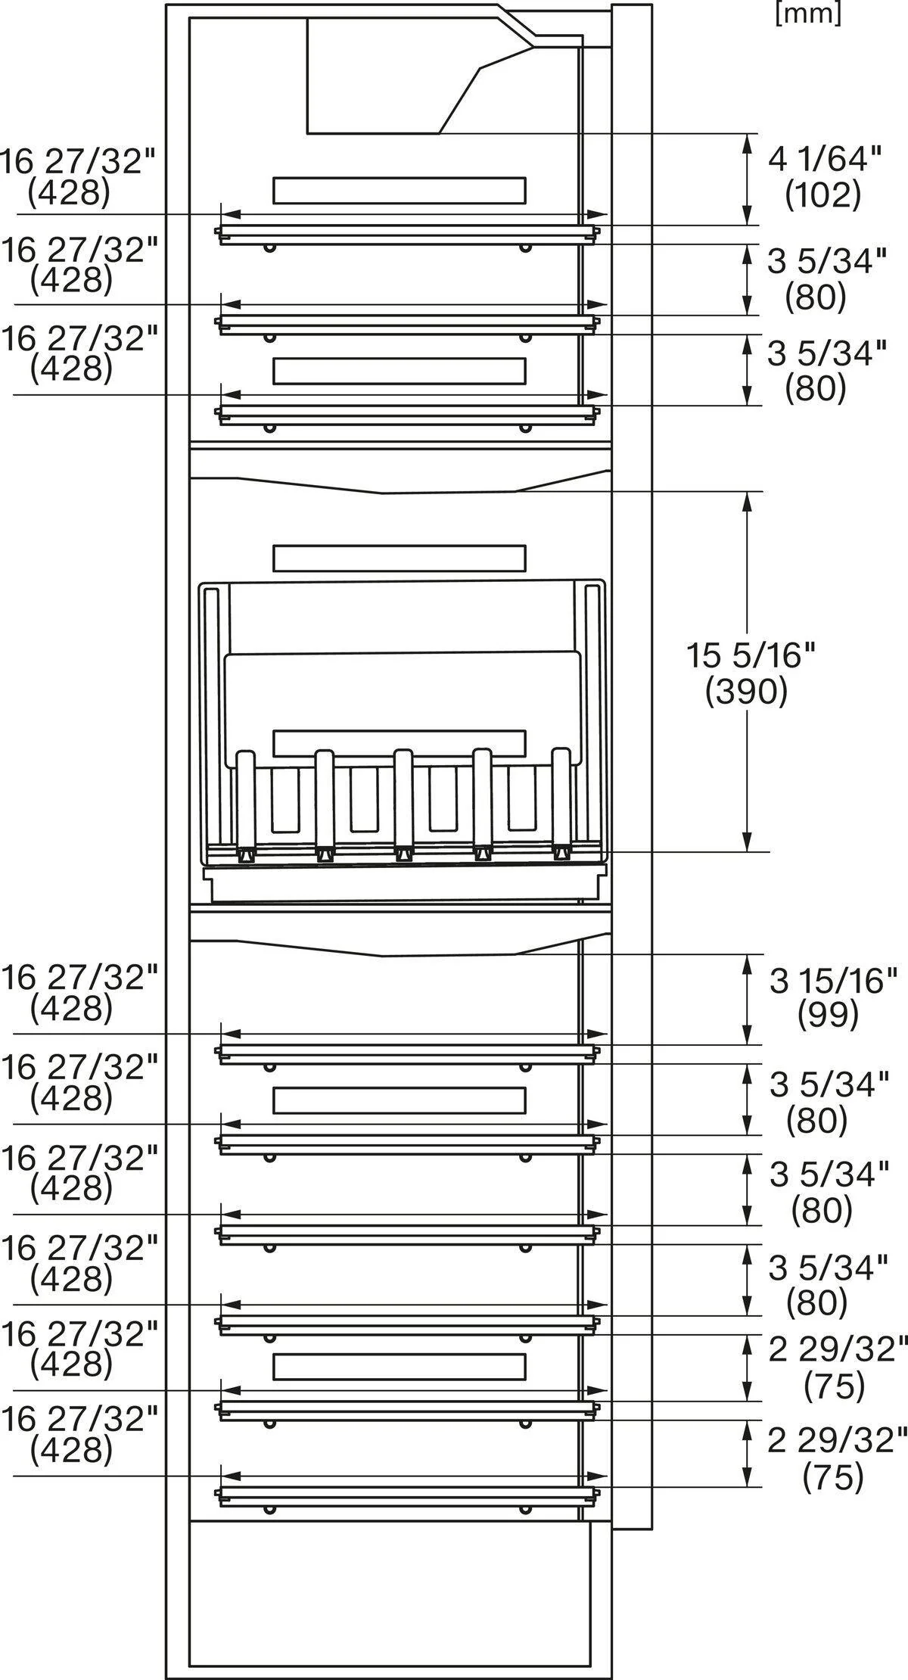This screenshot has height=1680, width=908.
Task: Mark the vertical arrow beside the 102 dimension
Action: (x=748, y=179)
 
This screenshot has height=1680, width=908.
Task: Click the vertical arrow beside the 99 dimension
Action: (x=748, y=999)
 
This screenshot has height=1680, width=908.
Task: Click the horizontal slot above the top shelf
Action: (x=399, y=191)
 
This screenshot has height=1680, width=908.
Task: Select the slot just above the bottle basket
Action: (x=399, y=558)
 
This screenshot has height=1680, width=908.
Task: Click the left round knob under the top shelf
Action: (x=269, y=247)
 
